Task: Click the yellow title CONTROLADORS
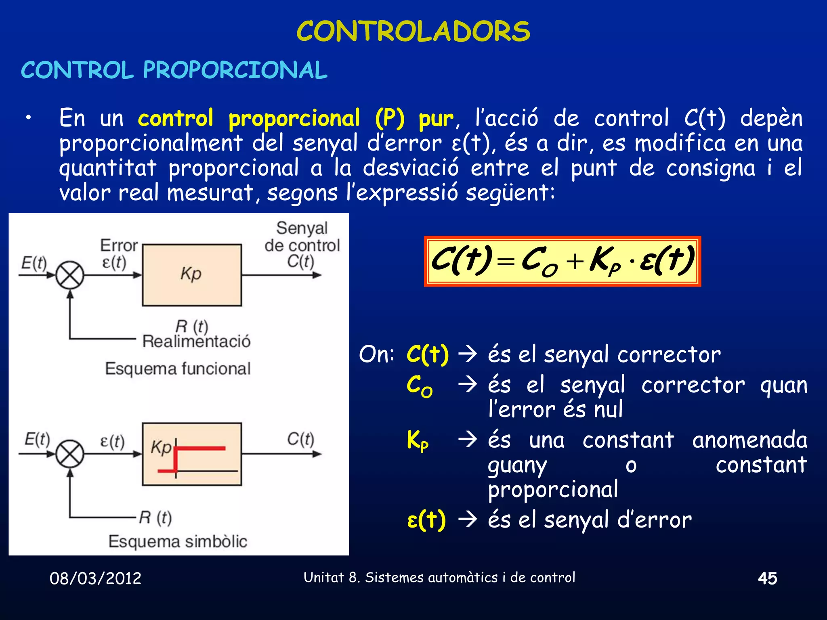(413, 31)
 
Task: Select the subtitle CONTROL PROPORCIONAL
(174, 70)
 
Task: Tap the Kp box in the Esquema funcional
(192, 275)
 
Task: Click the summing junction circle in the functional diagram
(70, 276)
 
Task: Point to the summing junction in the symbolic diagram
(70, 454)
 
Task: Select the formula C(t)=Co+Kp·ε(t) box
(562, 261)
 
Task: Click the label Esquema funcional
(178, 369)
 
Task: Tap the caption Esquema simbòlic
(178, 541)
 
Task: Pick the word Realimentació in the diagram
(196, 342)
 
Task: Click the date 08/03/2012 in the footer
(95, 578)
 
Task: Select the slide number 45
(767, 578)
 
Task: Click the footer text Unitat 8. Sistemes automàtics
(439, 578)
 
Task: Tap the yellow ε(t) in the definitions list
(426, 520)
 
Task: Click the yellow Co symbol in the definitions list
(419, 386)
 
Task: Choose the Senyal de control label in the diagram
(302, 237)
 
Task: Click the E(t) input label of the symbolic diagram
(37, 439)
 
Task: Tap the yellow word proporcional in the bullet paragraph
(294, 119)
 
